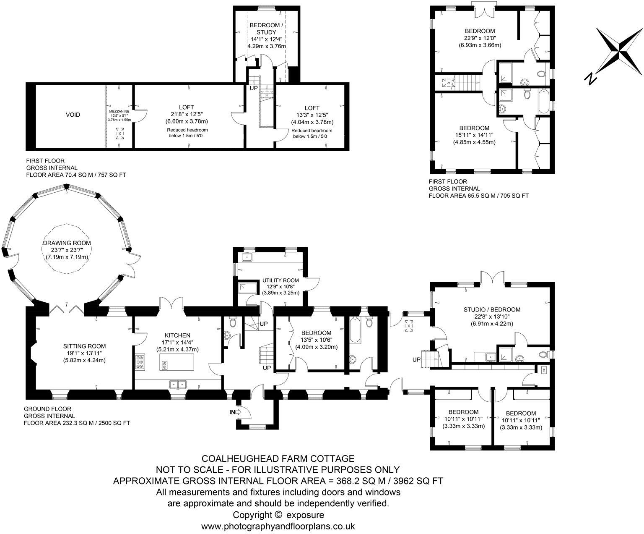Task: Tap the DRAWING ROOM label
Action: (x=67, y=243)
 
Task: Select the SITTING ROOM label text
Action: (x=84, y=346)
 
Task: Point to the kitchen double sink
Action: (x=178, y=384)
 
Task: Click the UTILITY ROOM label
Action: (x=280, y=280)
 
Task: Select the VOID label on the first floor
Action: (x=73, y=115)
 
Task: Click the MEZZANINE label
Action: (x=119, y=111)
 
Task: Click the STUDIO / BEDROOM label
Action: (x=492, y=309)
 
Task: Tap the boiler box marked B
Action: (x=544, y=370)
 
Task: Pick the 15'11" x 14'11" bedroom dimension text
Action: (x=474, y=135)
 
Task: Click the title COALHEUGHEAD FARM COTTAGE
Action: (x=278, y=459)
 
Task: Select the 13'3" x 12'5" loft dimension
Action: (x=312, y=115)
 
